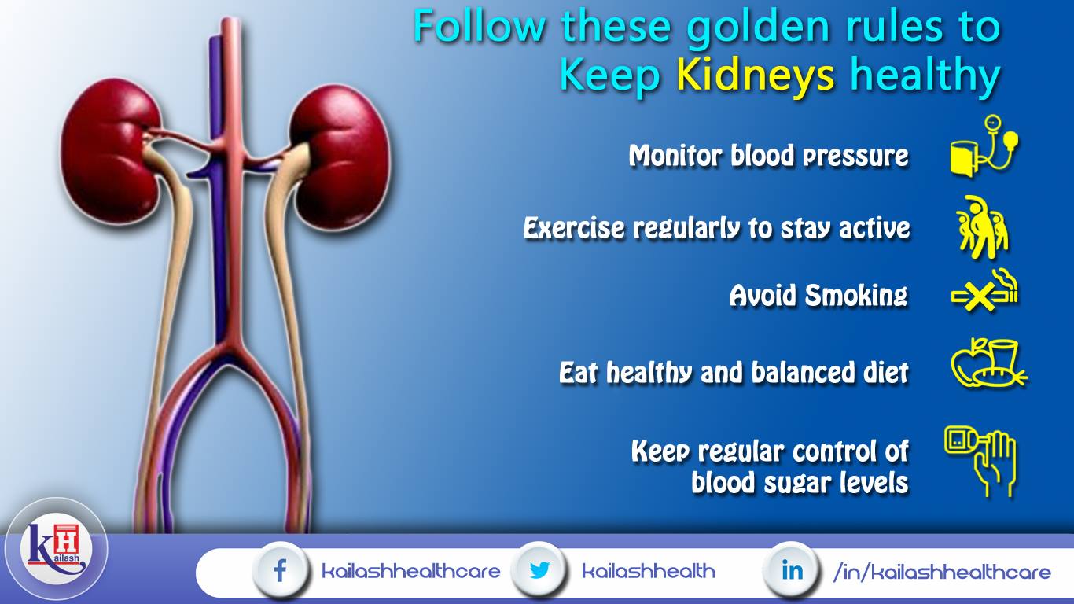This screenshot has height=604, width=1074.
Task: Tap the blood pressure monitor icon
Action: coord(984,146)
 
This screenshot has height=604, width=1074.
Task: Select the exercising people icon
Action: coord(983,227)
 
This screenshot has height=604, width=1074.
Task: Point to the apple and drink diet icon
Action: coord(988,363)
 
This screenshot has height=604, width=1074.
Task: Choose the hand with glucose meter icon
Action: coord(981,461)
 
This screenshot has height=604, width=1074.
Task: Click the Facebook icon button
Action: coord(280,570)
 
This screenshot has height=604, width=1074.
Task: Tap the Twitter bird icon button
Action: coord(539,570)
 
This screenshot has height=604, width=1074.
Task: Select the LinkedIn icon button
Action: coord(792,570)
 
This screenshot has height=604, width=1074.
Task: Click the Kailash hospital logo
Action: coord(56,549)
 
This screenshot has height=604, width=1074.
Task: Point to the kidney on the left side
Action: coord(110,152)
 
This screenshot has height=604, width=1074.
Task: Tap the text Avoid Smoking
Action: coord(818,295)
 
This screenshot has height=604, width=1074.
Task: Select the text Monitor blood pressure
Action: coord(769,156)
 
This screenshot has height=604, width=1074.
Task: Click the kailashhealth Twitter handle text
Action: coord(649,571)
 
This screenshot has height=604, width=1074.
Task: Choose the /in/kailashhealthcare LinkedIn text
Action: coord(942,572)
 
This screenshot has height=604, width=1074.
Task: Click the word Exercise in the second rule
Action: coord(574,227)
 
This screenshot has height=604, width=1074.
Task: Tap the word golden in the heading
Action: coord(759,28)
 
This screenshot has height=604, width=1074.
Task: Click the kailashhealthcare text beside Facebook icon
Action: coord(411,571)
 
